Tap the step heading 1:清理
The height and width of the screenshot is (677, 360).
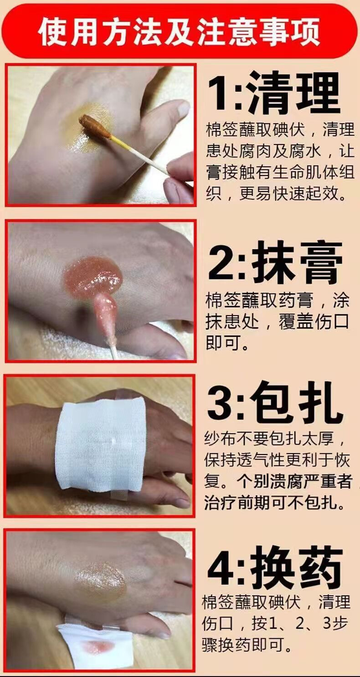[x=274, y=93]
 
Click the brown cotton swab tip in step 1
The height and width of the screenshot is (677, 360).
[x=94, y=126]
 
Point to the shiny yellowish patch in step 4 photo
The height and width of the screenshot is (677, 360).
[x=100, y=581]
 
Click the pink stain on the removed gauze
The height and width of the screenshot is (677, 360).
[x=98, y=646]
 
